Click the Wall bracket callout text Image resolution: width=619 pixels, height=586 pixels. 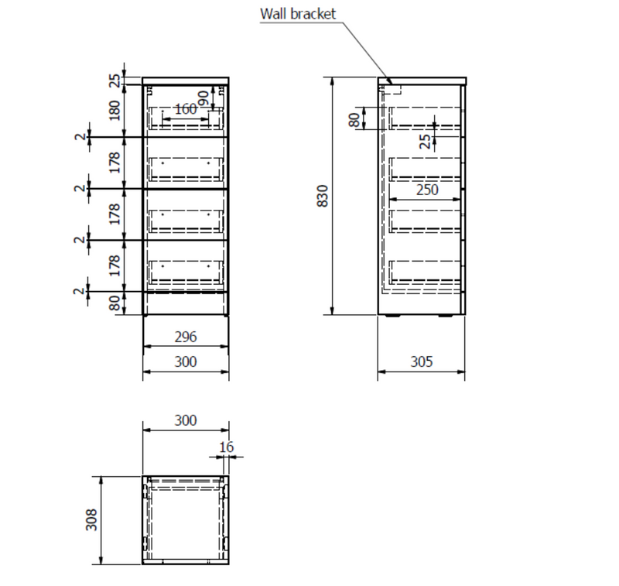[x=298, y=14]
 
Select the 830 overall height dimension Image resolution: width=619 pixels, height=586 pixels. [x=324, y=195]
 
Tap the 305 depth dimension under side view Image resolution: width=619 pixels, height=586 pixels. [x=421, y=362]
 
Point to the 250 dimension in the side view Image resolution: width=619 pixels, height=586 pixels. [x=426, y=190]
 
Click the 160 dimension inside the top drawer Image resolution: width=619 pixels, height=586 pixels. [x=185, y=109]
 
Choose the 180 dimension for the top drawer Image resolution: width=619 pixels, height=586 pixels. [x=115, y=110]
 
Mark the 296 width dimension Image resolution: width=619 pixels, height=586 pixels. [x=186, y=337]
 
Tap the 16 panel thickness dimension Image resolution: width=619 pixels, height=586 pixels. [x=226, y=447]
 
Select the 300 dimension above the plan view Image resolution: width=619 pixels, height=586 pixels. [x=186, y=420]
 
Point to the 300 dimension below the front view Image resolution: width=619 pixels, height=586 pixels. [x=186, y=362]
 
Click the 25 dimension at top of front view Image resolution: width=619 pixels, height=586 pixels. [x=115, y=80]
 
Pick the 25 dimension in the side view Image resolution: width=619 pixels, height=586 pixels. [x=425, y=140]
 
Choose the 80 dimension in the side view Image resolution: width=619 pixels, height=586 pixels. [x=354, y=120]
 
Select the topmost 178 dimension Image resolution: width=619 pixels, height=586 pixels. [x=115, y=163]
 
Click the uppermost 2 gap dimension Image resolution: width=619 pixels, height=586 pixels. [x=80, y=137]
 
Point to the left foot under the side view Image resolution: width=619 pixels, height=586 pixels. [x=395, y=317]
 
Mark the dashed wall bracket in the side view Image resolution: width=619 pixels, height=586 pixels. [x=393, y=88]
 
